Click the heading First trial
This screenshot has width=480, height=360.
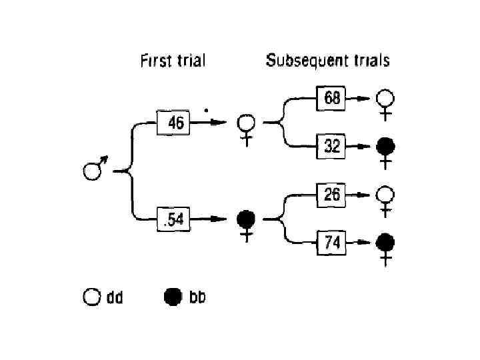(x=172, y=61)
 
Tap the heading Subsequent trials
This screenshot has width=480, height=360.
(x=327, y=61)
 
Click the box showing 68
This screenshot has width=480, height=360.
(x=332, y=98)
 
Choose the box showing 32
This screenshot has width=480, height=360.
(x=332, y=146)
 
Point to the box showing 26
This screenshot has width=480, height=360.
(x=332, y=195)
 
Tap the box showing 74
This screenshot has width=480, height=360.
(x=332, y=243)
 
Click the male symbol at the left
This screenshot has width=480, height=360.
(x=93, y=171)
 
